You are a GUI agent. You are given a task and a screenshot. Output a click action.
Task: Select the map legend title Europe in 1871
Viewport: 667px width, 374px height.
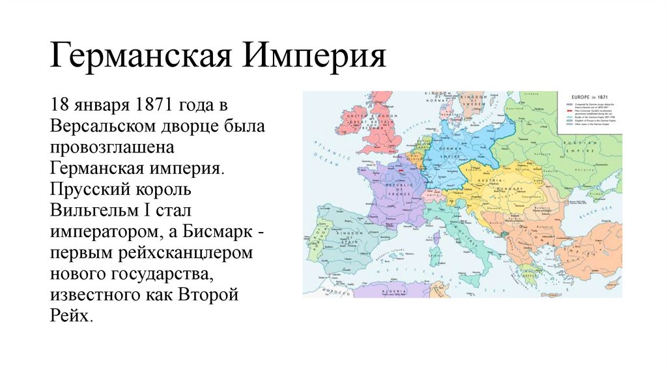click(589, 96)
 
